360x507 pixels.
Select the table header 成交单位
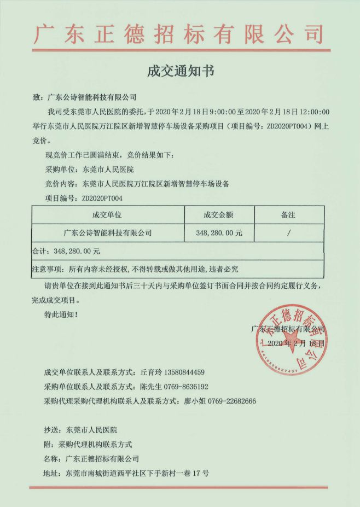[x=107, y=215]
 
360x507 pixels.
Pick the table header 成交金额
[x=218, y=215]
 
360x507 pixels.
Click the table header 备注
[x=288, y=215]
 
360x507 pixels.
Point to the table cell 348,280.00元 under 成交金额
[x=218, y=233]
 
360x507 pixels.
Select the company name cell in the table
[x=107, y=233]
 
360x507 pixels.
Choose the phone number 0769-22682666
[x=228, y=401]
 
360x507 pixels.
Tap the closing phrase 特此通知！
[x=61, y=314]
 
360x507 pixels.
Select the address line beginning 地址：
[x=126, y=473]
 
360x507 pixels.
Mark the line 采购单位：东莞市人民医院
[x=90, y=169]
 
